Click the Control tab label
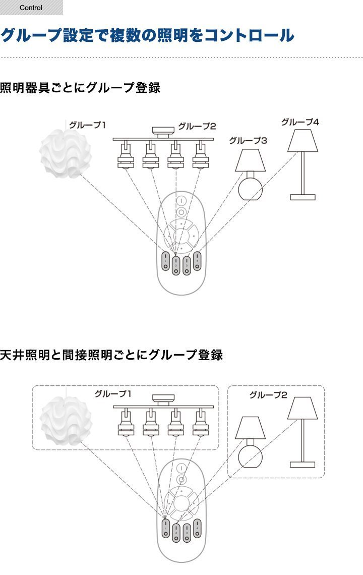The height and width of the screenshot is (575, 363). point(31,8)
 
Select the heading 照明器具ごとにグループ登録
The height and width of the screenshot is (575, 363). point(80,88)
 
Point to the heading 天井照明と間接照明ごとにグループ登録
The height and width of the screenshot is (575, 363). point(111,355)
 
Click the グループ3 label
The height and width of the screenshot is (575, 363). point(248,140)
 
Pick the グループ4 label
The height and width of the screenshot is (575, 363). point(300,122)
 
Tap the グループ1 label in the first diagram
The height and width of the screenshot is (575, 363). point(88,124)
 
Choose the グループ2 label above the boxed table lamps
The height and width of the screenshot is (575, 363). point(268,395)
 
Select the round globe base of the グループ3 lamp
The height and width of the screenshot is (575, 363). point(251,186)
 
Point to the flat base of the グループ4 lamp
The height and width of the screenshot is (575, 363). point(302,197)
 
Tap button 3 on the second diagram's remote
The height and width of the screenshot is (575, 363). point(187,530)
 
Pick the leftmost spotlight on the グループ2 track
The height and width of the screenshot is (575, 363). point(124,156)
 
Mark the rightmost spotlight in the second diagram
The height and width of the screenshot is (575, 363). point(200,424)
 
